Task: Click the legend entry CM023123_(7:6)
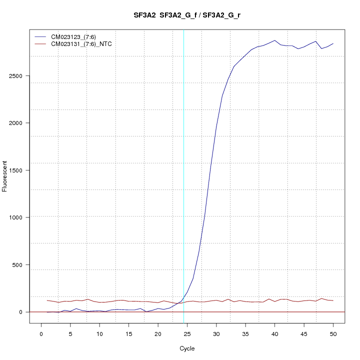73,37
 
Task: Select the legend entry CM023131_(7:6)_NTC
81,44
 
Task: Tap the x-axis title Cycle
186,348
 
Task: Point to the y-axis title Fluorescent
5,176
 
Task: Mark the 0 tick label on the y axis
21,312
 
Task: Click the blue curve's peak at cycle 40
274,40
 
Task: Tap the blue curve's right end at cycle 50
333,43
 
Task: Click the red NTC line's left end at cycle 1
47,300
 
